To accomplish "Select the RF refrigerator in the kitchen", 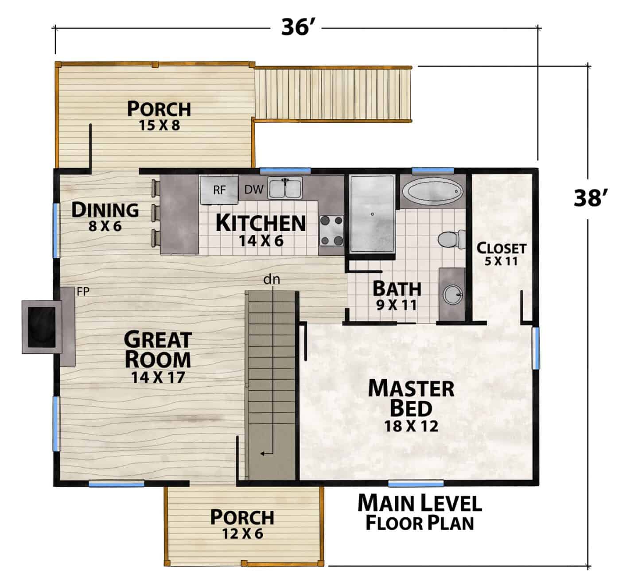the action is click(219, 190).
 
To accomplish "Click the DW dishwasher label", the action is click(254, 190).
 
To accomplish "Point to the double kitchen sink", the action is click(285, 188).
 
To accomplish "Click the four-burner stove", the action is click(331, 230).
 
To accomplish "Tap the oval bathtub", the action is click(432, 191).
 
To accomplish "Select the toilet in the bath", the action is click(451, 240).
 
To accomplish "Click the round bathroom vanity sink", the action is click(453, 295).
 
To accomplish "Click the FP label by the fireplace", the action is click(83, 291).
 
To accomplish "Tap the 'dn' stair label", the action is click(272, 279).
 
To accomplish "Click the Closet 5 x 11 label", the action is click(501, 253).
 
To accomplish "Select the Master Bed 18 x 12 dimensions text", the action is click(411, 427).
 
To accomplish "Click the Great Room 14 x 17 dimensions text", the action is click(158, 377).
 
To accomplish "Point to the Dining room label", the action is click(105, 210).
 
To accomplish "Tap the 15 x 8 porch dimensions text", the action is click(159, 125).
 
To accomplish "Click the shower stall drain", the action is click(372, 214).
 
